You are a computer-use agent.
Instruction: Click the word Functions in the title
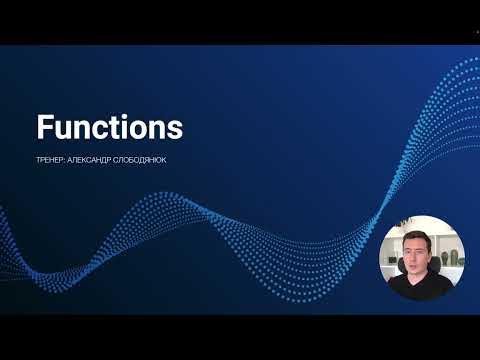coord(110,128)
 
